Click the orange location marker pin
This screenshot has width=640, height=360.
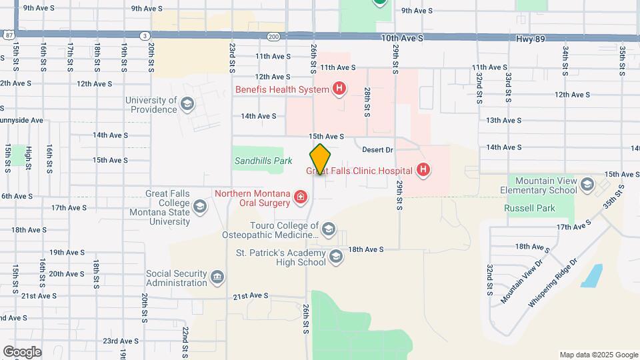point(320,159)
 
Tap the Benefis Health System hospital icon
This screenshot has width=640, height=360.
point(339,89)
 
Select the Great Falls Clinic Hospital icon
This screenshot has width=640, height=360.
point(422,171)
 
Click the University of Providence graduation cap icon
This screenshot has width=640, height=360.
point(188,104)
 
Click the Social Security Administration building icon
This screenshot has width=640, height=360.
point(217,277)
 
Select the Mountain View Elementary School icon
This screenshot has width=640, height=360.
point(587,185)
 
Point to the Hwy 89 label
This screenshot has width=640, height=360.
point(531,39)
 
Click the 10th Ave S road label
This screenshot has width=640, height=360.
point(402,39)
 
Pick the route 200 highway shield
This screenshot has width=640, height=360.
point(274,35)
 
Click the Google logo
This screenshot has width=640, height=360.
point(22,351)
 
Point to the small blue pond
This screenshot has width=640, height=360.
point(591,275)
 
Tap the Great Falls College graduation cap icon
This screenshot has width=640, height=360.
point(200,207)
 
